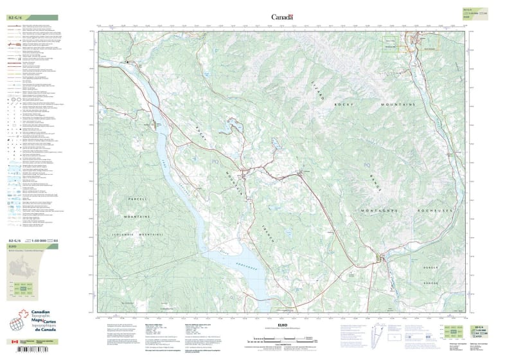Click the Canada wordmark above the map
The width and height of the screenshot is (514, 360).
[281, 17]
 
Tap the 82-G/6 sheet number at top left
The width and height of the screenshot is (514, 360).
[16, 17]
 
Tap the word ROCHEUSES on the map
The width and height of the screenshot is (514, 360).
[434, 211]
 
